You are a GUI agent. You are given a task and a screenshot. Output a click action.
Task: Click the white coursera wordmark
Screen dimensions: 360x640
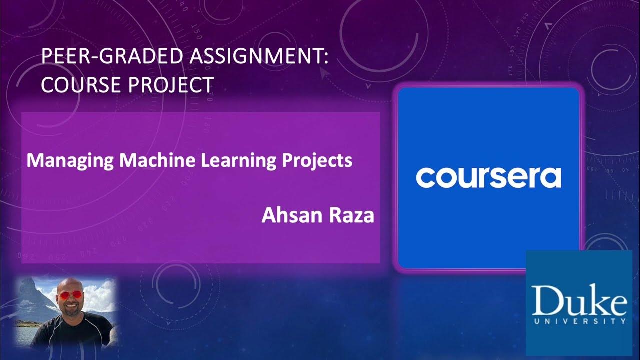pyautogui.click(x=488, y=178)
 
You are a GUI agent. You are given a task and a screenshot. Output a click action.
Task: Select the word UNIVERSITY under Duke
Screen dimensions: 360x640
pyautogui.click(x=579, y=321)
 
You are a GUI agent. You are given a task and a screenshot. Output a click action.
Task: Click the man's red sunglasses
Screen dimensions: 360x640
pyautogui.click(x=69, y=295)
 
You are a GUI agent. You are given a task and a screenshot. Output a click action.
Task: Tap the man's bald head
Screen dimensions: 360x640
pyautogui.click(x=69, y=285)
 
